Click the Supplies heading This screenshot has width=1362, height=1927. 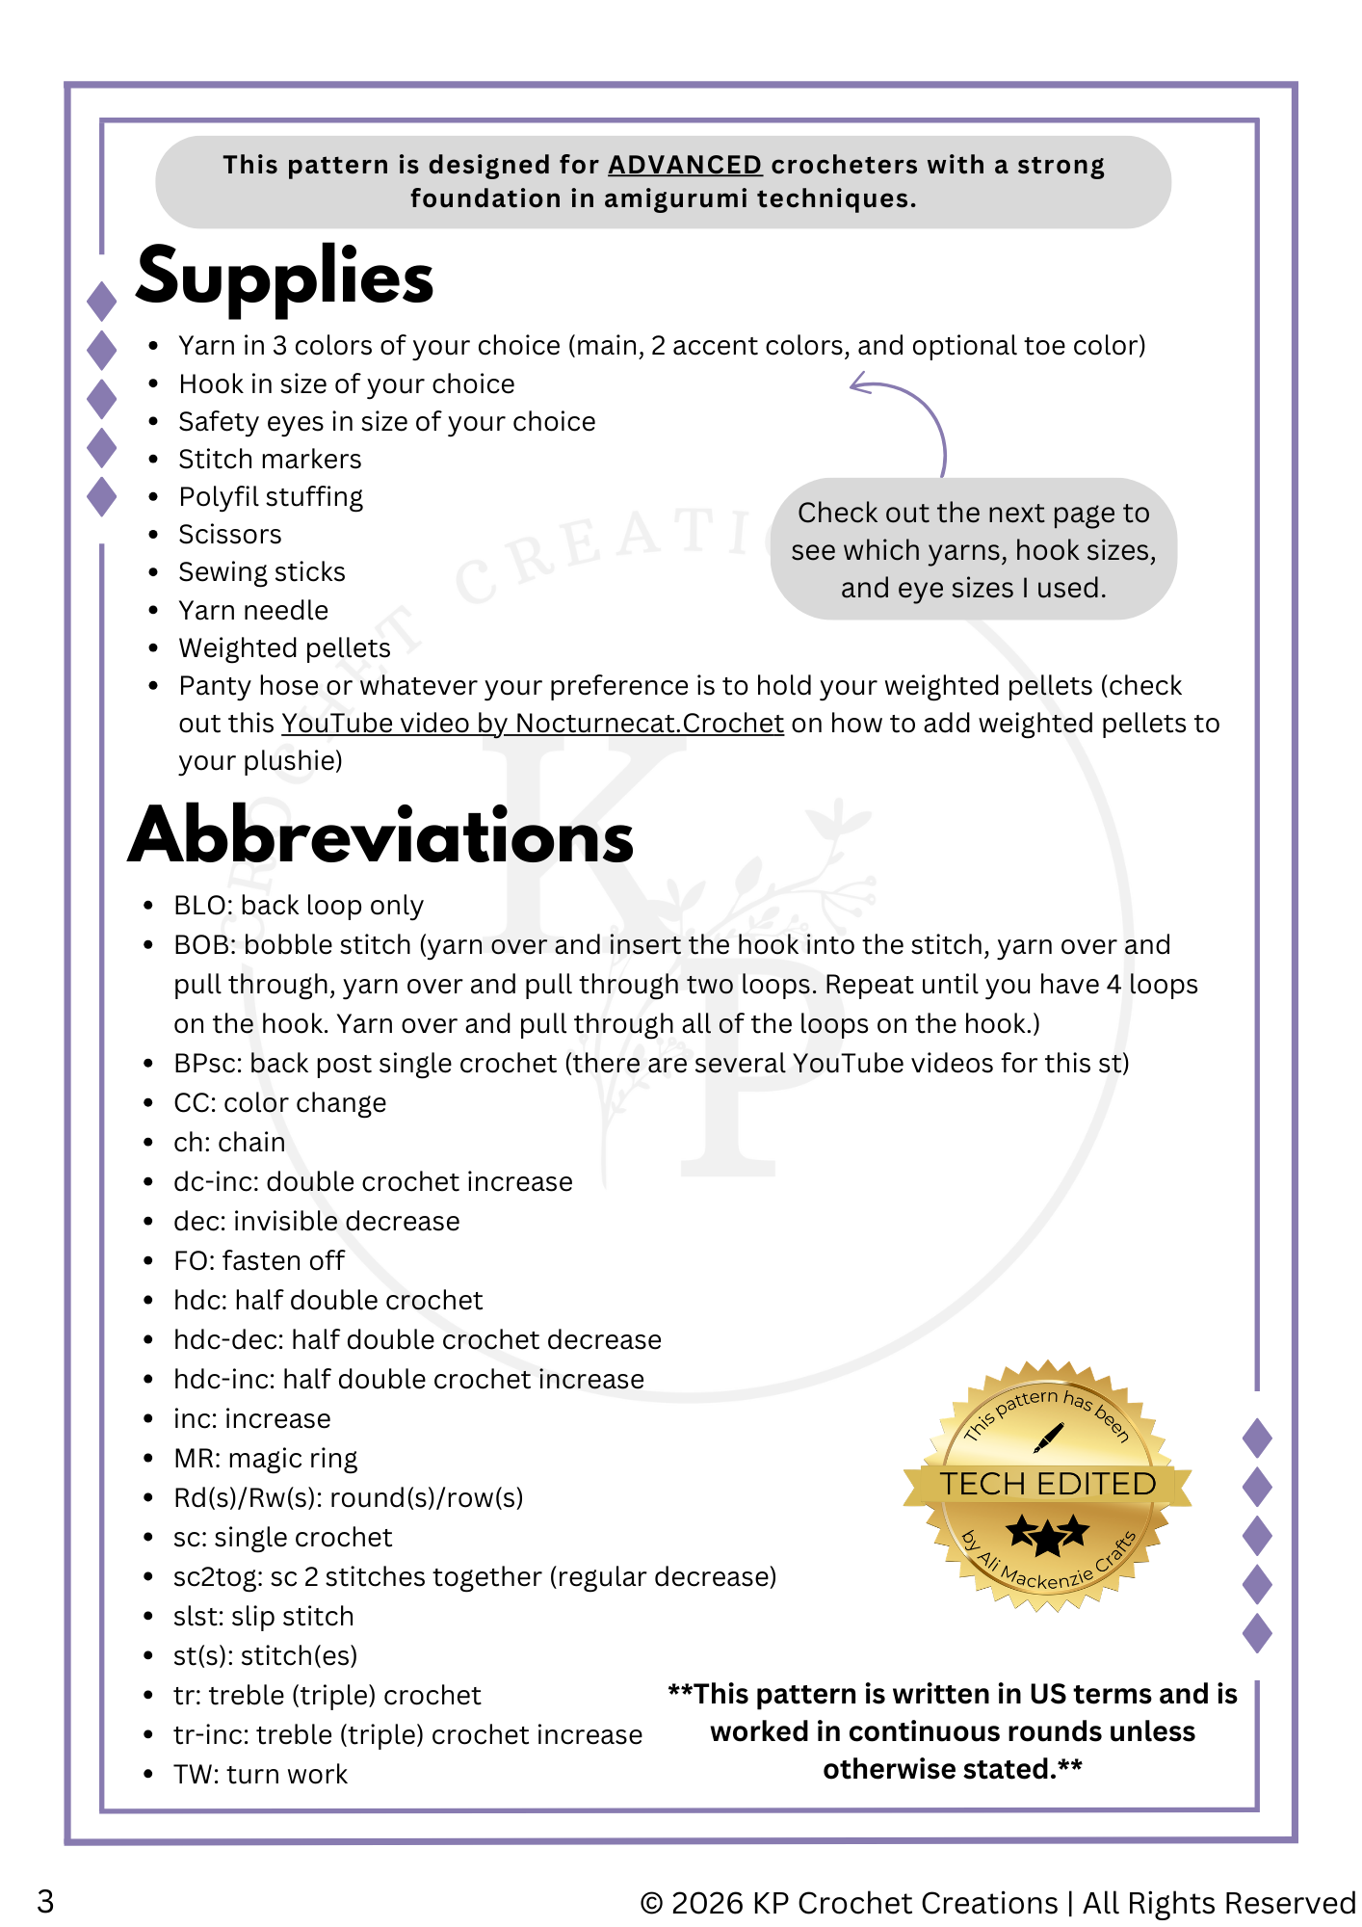click(x=285, y=277)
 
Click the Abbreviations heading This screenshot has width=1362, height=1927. click(x=381, y=836)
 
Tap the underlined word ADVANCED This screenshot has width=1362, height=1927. click(x=685, y=165)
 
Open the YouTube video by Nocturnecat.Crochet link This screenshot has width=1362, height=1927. click(x=532, y=723)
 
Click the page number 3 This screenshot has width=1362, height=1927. click(x=45, y=1902)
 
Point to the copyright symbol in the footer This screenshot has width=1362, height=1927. click(x=652, y=1903)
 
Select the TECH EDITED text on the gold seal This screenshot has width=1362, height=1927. click(x=1048, y=1484)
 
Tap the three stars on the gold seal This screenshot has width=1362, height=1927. click(x=1047, y=1533)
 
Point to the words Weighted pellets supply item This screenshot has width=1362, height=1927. click(x=284, y=648)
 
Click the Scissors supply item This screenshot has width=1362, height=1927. click(x=230, y=535)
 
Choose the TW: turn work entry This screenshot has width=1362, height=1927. click(x=260, y=1775)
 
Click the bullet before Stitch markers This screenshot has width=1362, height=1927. click(x=154, y=460)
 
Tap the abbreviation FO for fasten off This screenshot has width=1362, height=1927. click(x=192, y=1261)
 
